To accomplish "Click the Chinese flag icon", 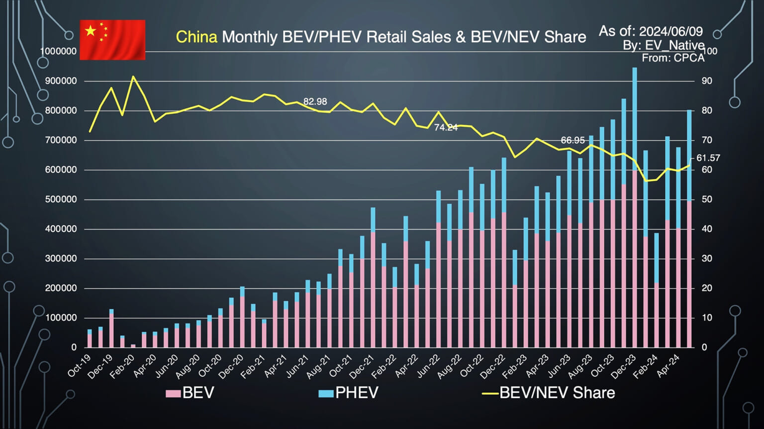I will tap(112, 40).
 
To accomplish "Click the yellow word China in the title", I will tap(196, 37).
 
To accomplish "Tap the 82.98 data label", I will tap(315, 101).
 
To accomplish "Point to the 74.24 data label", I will tap(446, 128).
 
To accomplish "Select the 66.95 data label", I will tap(573, 140).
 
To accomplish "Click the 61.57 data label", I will tap(708, 158).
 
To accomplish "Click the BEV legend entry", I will tap(190, 393).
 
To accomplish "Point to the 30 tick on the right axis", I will tap(706, 258).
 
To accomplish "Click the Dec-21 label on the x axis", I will tap(362, 367).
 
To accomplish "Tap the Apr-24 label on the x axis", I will tap(668, 367).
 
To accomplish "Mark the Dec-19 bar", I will tap(111, 328).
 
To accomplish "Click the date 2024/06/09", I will tap(670, 31).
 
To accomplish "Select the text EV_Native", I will tap(674, 45).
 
